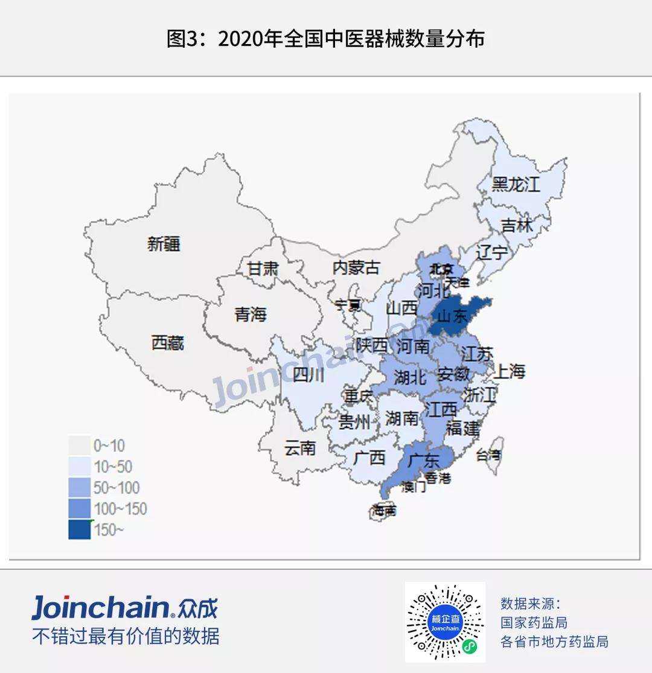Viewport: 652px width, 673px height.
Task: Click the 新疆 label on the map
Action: click(x=164, y=244)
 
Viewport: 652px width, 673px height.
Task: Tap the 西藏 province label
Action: click(x=168, y=343)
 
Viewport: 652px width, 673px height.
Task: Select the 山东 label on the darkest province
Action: click(x=452, y=316)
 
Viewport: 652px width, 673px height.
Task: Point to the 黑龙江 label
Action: click(x=516, y=184)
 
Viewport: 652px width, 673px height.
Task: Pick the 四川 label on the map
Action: click(x=308, y=375)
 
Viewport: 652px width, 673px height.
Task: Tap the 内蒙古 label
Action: click(x=357, y=267)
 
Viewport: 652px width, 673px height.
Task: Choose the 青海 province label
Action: click(x=251, y=314)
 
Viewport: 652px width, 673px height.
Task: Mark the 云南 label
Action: click(x=300, y=448)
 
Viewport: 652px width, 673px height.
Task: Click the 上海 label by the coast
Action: click(x=510, y=372)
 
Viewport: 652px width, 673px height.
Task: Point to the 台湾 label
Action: click(x=488, y=455)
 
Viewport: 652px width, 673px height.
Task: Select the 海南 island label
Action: click(x=385, y=511)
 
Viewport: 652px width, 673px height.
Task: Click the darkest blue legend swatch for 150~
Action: click(x=79, y=529)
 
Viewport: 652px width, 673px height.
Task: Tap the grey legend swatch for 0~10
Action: click(x=79, y=446)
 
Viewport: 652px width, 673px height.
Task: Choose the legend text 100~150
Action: click(x=120, y=509)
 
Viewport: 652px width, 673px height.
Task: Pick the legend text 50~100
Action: click(x=117, y=488)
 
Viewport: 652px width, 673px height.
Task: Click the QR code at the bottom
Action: click(x=445, y=622)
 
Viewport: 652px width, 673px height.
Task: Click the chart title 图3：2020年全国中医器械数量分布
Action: click(x=325, y=39)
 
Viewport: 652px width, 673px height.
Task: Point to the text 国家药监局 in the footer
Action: click(x=534, y=622)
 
